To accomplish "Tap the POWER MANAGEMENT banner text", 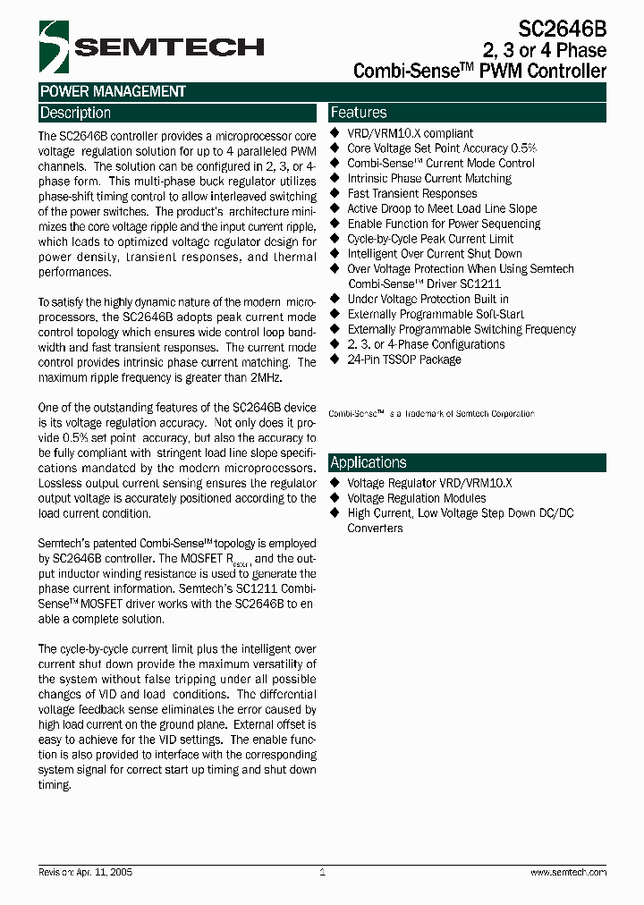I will point(113,91).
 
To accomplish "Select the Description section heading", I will point(75,113).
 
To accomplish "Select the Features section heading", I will point(359,113).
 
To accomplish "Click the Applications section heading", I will point(369,462).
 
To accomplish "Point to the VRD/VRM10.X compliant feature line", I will point(410,133).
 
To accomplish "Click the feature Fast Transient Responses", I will point(411,193).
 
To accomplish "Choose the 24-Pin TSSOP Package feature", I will point(404,359).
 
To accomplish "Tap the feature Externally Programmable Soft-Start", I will point(436,314).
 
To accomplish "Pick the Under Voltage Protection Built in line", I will point(428,299).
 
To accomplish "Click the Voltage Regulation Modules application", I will point(417,498).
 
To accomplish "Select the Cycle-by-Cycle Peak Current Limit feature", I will point(430,239).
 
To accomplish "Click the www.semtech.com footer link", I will point(568,872).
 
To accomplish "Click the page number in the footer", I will point(322,872).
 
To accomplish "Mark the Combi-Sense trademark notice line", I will point(431,413).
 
